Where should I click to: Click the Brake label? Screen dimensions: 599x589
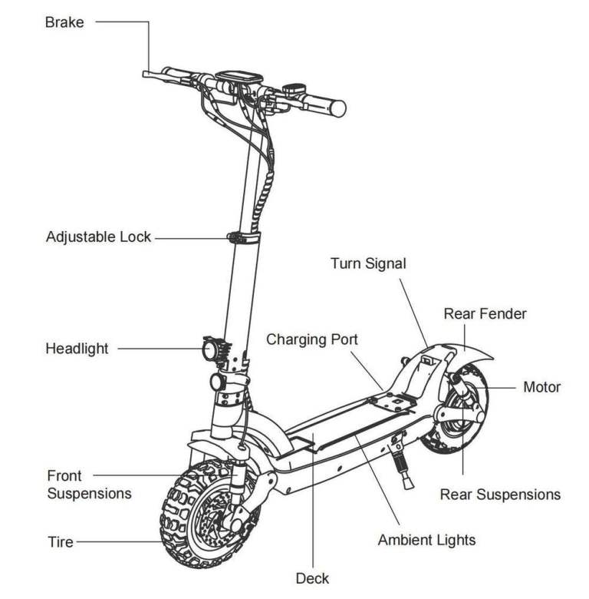point(64,22)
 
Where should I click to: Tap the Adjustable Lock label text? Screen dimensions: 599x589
point(99,237)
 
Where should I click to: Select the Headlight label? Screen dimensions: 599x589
point(77,349)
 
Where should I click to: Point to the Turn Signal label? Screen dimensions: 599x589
point(368,263)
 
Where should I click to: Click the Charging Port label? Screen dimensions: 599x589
point(312,339)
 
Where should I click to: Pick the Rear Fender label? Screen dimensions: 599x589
point(485,313)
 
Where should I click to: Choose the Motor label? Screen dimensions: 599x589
point(541,387)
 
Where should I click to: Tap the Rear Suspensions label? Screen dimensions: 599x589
point(500,494)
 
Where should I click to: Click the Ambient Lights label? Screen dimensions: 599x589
point(426,540)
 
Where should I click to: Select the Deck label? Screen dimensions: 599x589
point(314,577)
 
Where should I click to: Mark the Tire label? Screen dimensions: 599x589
point(61,542)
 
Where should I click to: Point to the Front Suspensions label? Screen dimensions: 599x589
point(89,485)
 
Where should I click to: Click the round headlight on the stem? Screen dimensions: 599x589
point(208,351)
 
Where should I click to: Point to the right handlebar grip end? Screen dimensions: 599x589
point(338,108)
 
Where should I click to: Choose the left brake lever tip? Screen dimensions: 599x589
point(146,74)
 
